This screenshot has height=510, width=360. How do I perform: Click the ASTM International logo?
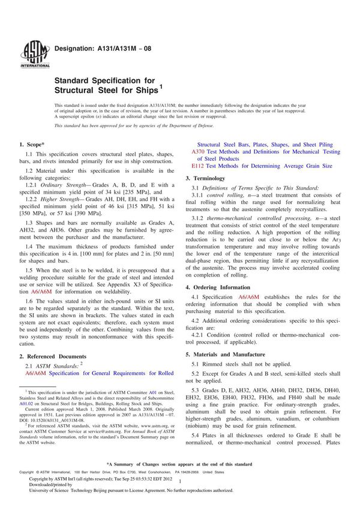click(x=29, y=55)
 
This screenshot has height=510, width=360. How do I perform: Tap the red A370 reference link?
click(x=197, y=152)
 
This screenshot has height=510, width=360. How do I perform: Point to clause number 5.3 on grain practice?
click(x=195, y=389)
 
